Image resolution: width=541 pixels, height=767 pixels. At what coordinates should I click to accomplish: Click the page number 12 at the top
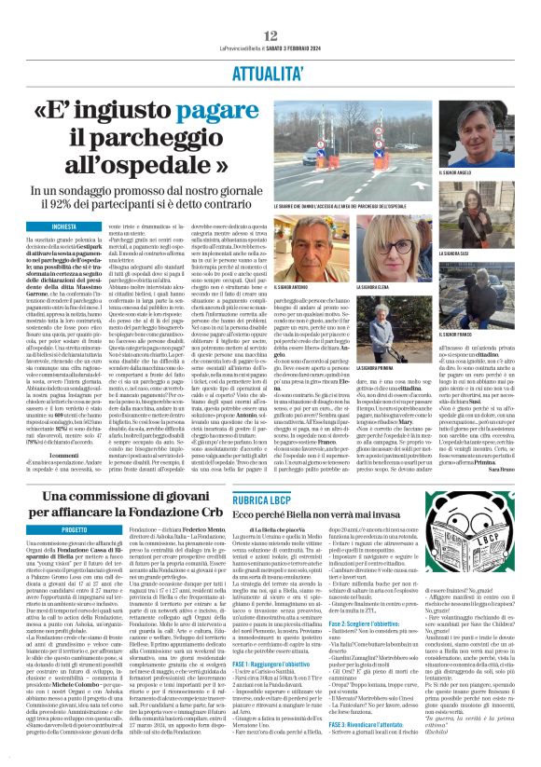point(270,9)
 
